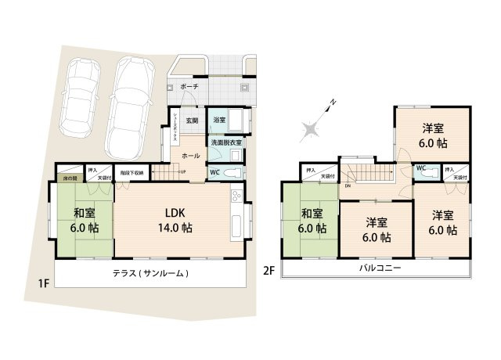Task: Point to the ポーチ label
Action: click(x=189, y=86)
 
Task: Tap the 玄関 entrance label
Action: click(x=191, y=121)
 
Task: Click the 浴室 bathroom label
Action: click(x=220, y=120)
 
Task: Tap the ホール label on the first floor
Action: click(x=190, y=156)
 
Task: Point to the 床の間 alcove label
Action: click(x=68, y=178)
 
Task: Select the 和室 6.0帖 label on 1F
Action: click(x=86, y=220)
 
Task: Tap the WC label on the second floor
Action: click(x=420, y=167)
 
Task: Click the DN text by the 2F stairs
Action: click(x=347, y=186)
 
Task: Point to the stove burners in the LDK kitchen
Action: click(x=234, y=195)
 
